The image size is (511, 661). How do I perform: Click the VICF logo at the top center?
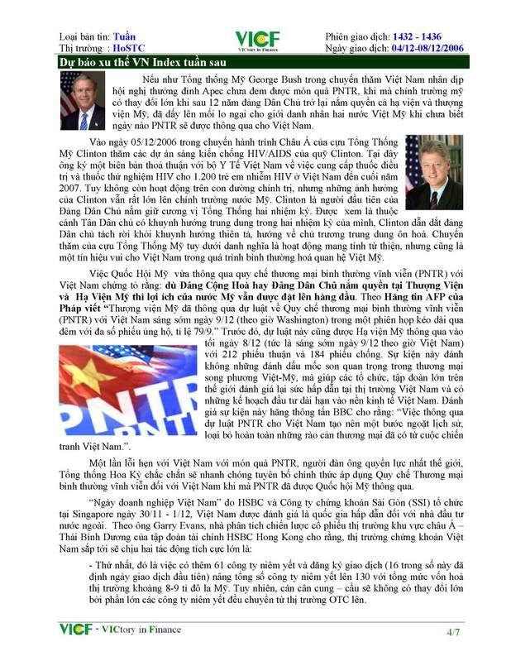point(256,41)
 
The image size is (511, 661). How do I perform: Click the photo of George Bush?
point(83,99)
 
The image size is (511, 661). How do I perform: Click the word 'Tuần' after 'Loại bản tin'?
point(127,36)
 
